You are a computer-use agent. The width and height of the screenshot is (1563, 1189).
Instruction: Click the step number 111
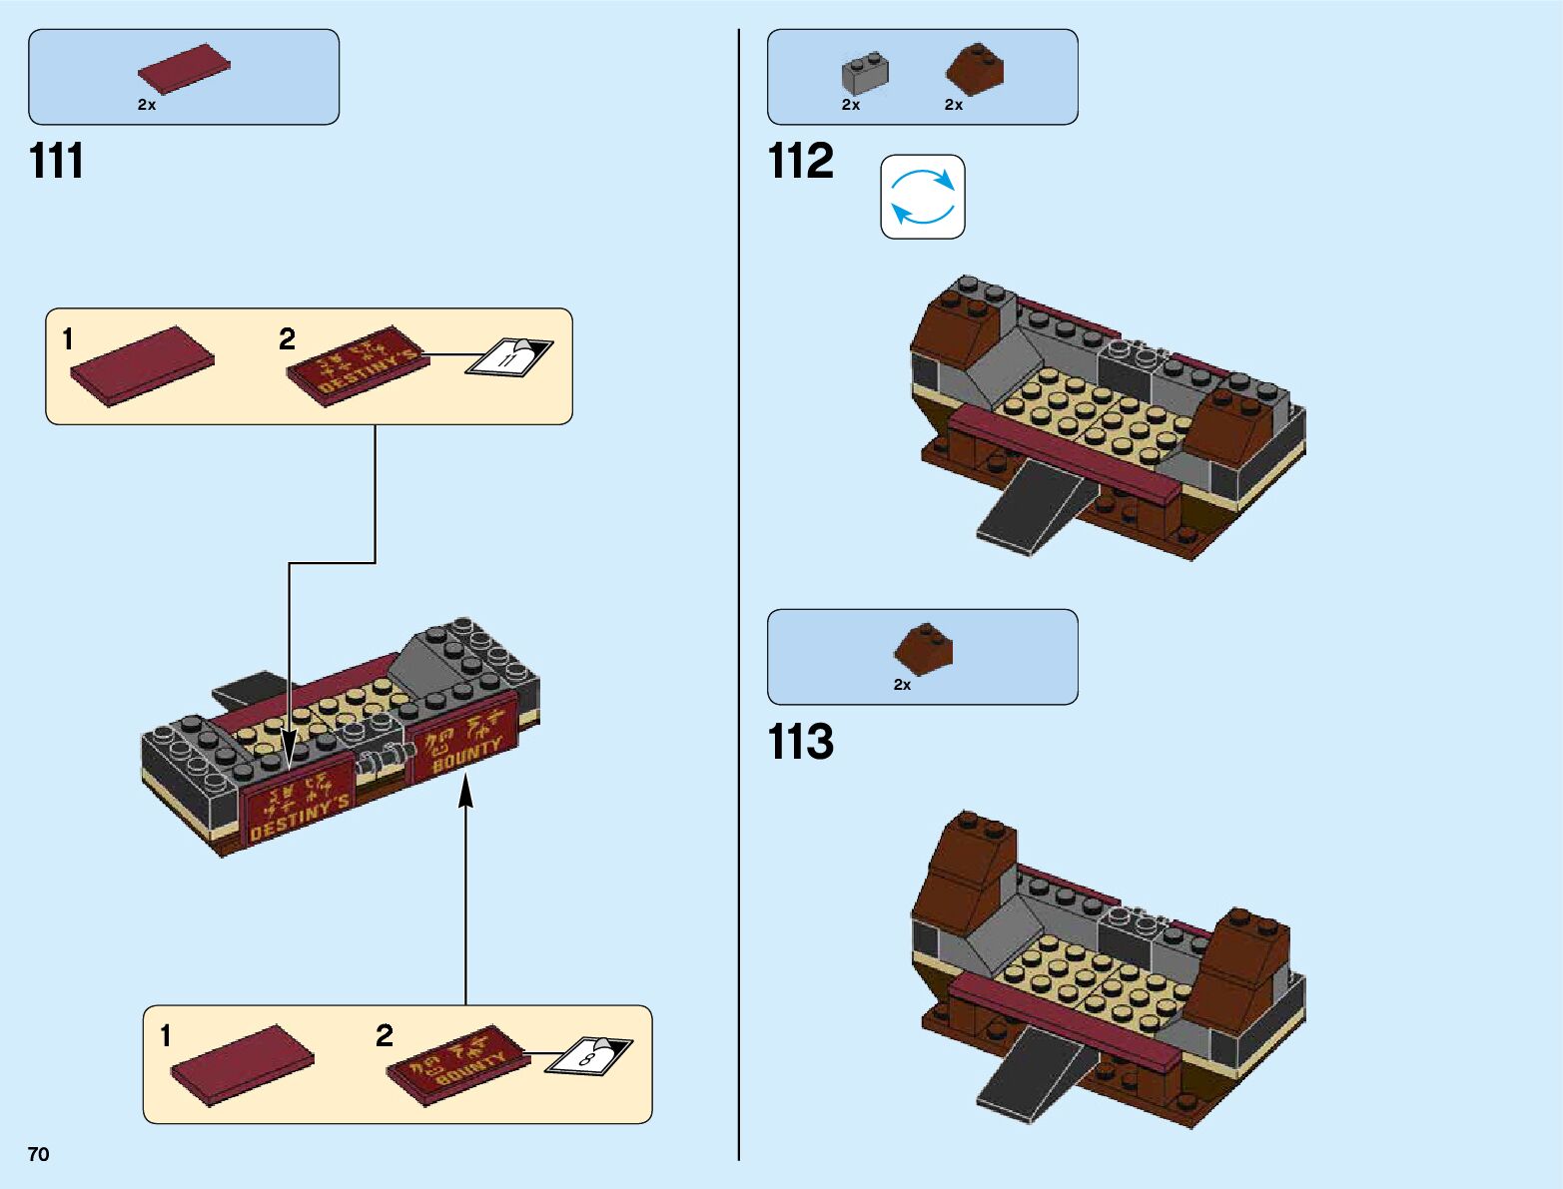coord(56,161)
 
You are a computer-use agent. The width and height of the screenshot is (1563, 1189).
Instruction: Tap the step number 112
coord(800,161)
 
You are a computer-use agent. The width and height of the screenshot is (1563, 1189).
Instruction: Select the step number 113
coord(800,742)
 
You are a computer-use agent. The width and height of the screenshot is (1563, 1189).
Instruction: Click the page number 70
coord(38,1154)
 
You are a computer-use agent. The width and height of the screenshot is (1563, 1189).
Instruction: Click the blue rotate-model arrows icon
coord(922,197)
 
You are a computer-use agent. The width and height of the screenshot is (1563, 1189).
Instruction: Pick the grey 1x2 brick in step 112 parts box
coord(865,73)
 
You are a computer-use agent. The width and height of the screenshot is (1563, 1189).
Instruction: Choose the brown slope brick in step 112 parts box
coord(975,70)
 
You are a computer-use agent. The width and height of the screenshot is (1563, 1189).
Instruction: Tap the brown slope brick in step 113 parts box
coord(923,649)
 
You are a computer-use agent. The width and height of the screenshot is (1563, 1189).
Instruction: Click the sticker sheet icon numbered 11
coord(509,356)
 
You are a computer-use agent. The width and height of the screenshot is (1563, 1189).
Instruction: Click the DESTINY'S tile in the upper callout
coord(358,364)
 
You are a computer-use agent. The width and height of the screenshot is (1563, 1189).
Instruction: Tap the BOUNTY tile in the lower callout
coord(457,1063)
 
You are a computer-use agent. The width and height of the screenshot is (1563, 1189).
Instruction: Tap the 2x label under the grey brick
coord(850,105)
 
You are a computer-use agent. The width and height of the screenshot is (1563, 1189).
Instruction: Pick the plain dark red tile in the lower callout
coord(242,1064)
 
